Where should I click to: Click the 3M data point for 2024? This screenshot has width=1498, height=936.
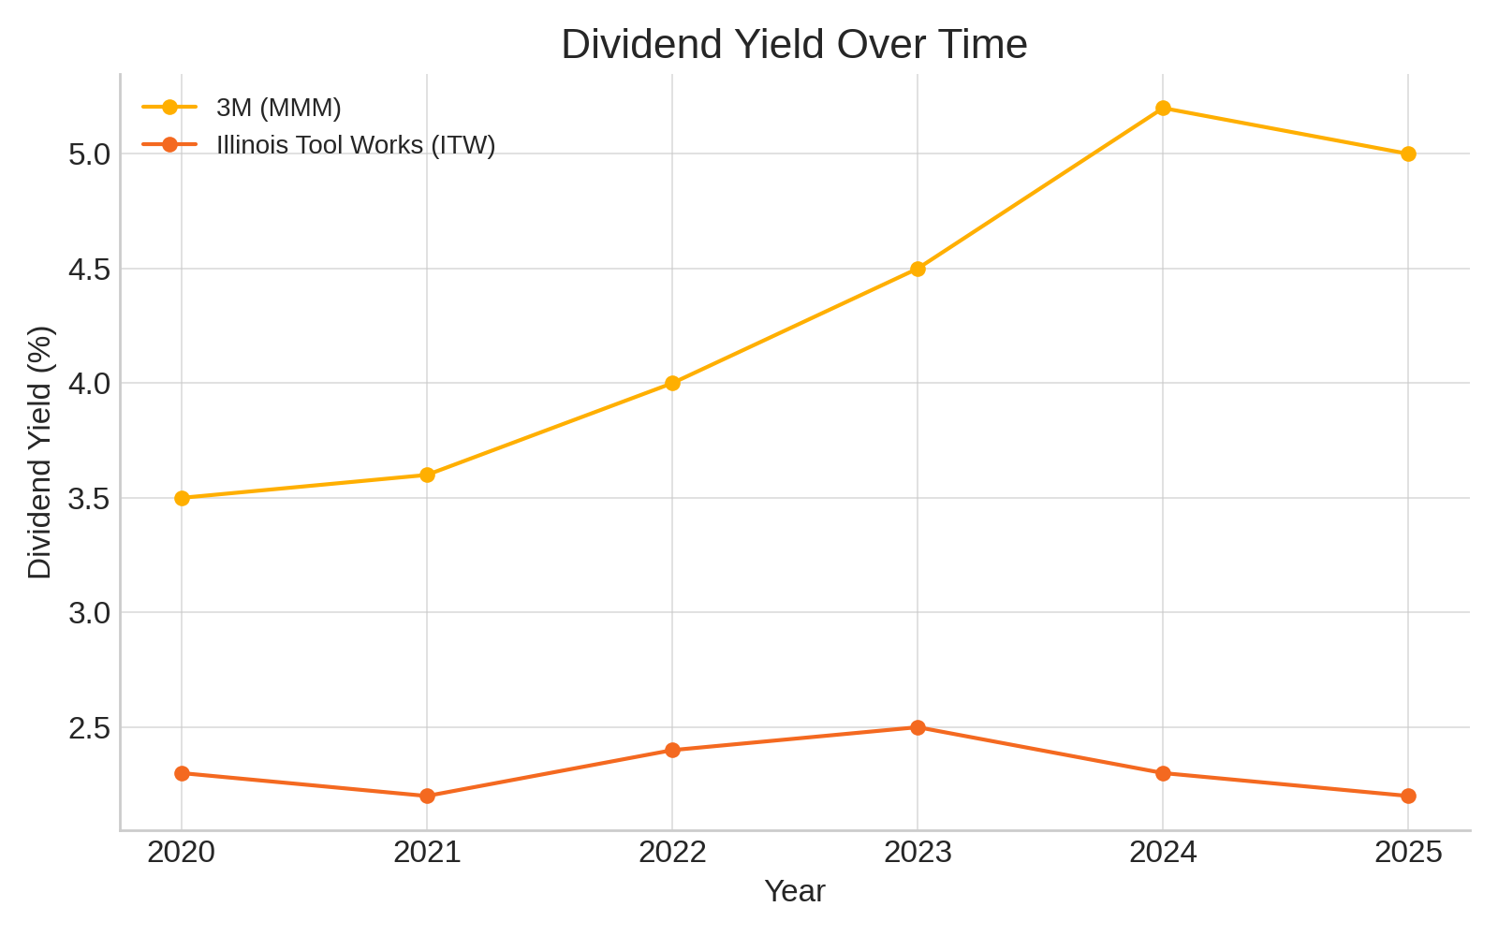click(x=1163, y=108)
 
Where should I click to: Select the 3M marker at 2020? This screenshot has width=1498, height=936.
click(x=182, y=498)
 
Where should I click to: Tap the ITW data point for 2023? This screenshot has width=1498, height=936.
click(x=918, y=727)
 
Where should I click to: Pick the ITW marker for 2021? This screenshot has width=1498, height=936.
click(x=427, y=796)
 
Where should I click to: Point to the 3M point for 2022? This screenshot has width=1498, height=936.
click(x=672, y=383)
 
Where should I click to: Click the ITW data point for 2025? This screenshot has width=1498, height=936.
click(x=1408, y=796)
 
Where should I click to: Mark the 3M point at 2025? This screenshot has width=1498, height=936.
click(x=1408, y=154)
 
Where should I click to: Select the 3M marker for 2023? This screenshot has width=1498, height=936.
click(x=918, y=269)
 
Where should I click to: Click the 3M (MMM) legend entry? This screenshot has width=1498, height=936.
click(x=278, y=108)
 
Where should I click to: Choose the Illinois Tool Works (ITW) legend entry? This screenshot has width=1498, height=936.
click(x=355, y=145)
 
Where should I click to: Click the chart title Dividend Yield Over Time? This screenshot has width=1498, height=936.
click(x=794, y=44)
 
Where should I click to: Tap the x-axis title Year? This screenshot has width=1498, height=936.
click(x=794, y=891)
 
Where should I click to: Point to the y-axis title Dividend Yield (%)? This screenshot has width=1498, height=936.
click(x=39, y=452)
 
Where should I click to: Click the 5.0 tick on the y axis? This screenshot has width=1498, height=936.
click(x=89, y=154)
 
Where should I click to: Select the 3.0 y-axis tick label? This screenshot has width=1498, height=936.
click(x=89, y=612)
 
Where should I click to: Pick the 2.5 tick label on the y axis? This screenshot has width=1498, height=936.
click(x=89, y=727)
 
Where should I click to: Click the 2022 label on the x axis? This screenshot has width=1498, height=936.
click(x=672, y=852)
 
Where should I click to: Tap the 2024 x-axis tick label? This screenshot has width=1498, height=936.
click(x=1163, y=852)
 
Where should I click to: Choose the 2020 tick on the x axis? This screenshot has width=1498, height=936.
click(x=182, y=852)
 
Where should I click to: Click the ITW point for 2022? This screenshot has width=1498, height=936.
click(x=672, y=750)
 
